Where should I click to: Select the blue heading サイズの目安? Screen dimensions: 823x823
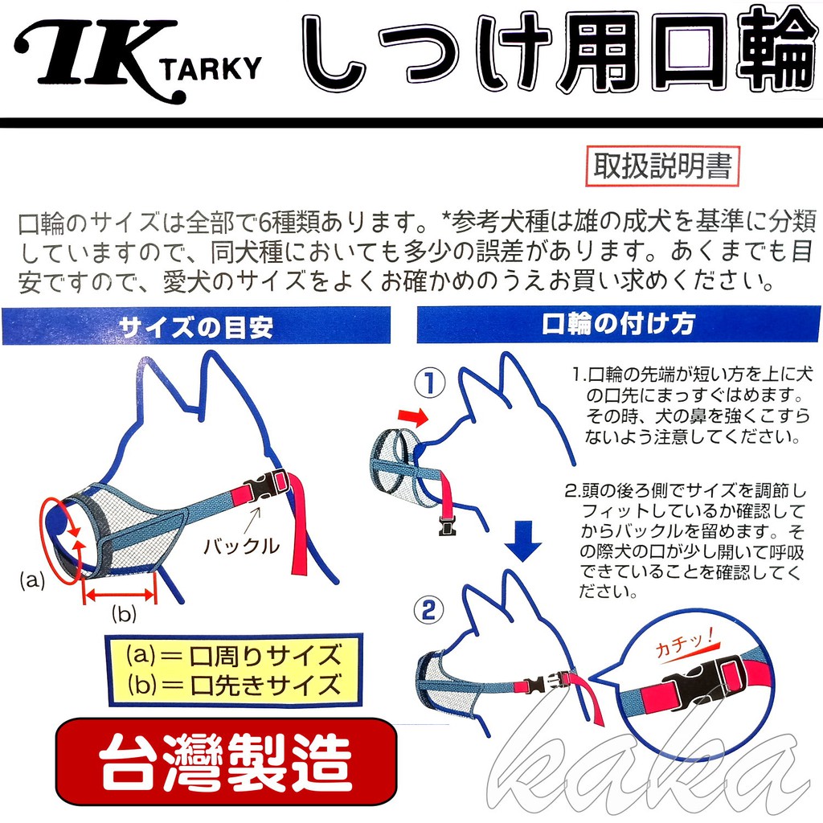click(x=196, y=327)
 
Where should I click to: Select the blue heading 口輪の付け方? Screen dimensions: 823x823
click(x=618, y=325)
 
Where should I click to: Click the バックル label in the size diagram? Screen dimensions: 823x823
click(x=241, y=547)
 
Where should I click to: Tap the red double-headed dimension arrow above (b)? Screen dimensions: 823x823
click(x=120, y=596)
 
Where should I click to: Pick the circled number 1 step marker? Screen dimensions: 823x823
click(x=430, y=383)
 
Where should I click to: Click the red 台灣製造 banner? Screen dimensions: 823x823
click(x=227, y=760)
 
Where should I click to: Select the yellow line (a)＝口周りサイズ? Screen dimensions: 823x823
click(x=233, y=656)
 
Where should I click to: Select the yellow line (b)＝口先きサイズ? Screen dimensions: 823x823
click(x=233, y=686)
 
